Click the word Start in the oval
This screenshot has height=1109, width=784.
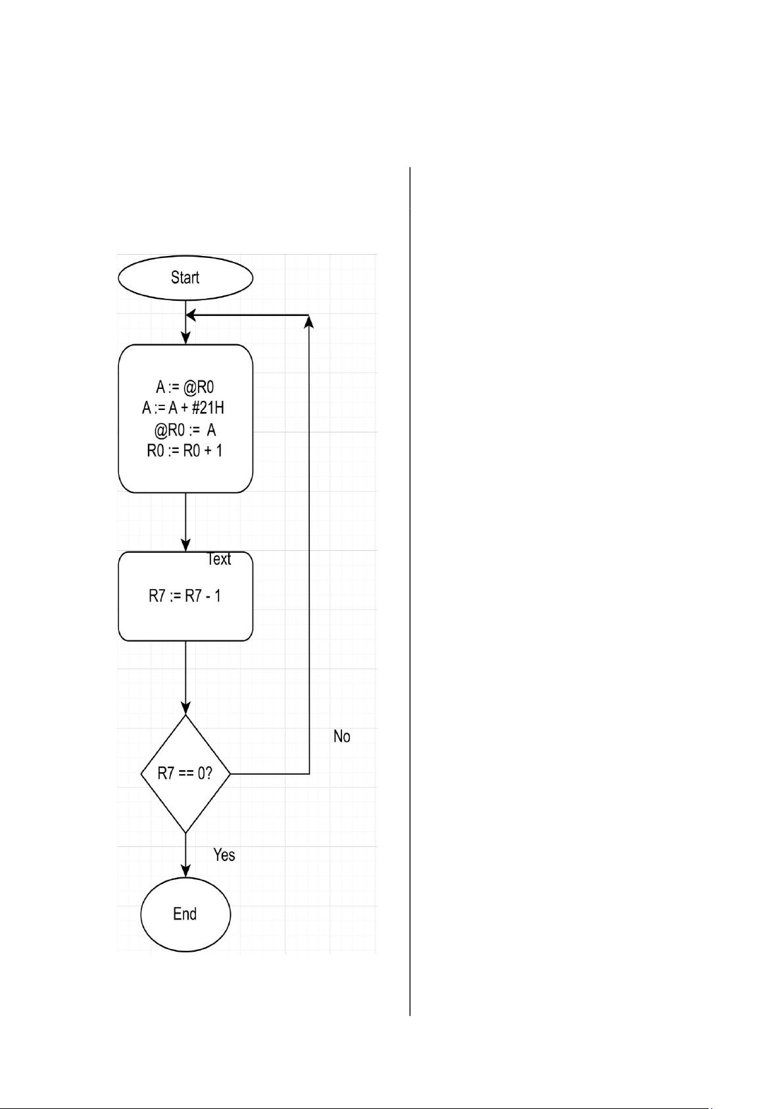pos(185,278)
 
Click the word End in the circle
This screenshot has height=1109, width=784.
pos(185,914)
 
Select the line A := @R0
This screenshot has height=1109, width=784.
pos(185,387)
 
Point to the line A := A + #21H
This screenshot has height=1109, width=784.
pos(183,408)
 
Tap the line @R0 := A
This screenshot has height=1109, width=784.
pos(185,430)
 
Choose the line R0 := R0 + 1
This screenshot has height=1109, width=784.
pos(184,451)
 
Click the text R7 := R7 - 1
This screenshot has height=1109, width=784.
pos(185,596)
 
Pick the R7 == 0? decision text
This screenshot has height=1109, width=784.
pos(185,773)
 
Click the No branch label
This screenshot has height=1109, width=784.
pos(341,736)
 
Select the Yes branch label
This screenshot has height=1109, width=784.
pos(224,855)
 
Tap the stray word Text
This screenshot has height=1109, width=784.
pos(219,559)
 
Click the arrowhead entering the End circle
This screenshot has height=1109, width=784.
pos(185,871)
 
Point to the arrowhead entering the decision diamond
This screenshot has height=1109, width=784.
pos(185,709)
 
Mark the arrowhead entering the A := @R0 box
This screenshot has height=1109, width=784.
pos(185,338)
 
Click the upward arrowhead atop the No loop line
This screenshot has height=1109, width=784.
pos(309,321)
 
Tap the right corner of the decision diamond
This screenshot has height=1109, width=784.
pos(230,774)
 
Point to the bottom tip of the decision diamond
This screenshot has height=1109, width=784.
pos(185,833)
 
